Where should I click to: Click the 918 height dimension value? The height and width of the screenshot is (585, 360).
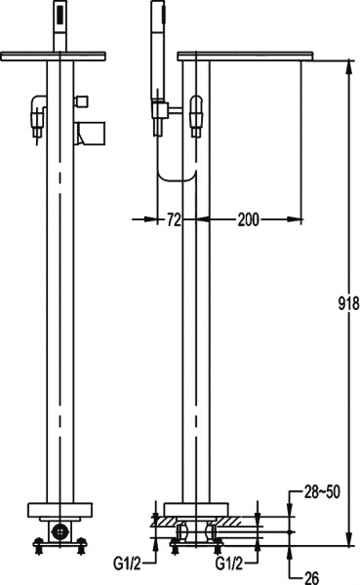pyautogui.click(x=349, y=304)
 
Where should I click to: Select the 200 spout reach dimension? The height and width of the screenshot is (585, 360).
pyautogui.click(x=248, y=220)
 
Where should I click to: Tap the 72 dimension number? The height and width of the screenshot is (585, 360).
pyautogui.click(x=174, y=220)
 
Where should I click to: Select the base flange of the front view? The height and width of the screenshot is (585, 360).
pyautogui.click(x=60, y=510)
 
